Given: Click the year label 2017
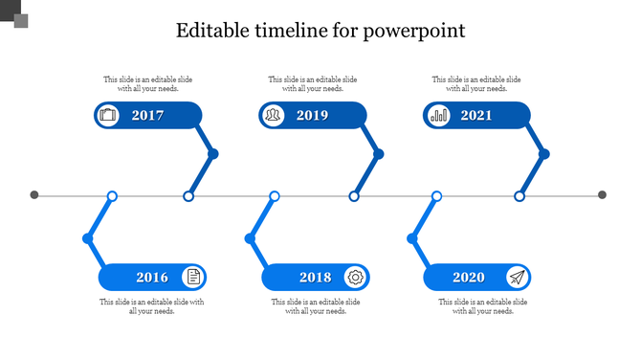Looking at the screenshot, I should click(148, 116).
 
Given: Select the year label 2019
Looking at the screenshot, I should click(312, 116).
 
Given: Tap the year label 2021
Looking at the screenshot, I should click(476, 116).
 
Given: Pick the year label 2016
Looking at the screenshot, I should click(152, 278).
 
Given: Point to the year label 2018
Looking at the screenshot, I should click(315, 278).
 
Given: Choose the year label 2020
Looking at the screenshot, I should click(469, 278).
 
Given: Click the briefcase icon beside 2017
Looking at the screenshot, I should click(108, 116).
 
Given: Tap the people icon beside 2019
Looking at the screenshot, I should click(274, 116).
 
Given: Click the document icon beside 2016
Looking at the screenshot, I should click(193, 278).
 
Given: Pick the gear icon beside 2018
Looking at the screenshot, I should click(356, 278).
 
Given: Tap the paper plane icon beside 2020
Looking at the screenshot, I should click(517, 278).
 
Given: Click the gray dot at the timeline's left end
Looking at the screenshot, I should click(34, 195).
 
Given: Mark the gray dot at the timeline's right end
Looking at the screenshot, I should click(603, 195).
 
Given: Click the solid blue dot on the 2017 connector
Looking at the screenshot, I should click(213, 153).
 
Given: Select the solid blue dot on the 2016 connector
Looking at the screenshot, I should click(88, 237).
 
